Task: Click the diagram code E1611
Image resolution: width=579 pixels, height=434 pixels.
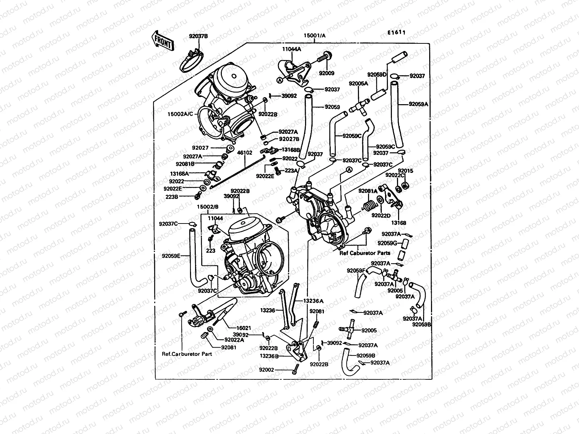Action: (x=397, y=33)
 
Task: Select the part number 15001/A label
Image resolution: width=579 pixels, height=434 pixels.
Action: (x=314, y=35)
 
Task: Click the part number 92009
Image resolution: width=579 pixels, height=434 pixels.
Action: (x=326, y=73)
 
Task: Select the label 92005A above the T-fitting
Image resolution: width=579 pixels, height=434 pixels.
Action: (x=358, y=84)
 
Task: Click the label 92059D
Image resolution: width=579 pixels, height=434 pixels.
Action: (x=377, y=75)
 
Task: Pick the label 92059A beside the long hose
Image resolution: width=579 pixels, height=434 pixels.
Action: (x=418, y=104)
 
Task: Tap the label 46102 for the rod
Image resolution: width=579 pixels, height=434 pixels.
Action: (x=245, y=153)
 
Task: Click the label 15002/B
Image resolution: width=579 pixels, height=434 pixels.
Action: (x=208, y=207)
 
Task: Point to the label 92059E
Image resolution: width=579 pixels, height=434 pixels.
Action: (x=171, y=256)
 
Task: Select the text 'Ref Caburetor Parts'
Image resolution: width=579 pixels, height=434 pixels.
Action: (x=365, y=253)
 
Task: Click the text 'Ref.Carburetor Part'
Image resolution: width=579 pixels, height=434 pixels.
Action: (x=187, y=354)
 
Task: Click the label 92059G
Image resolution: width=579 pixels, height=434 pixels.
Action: (x=387, y=243)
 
